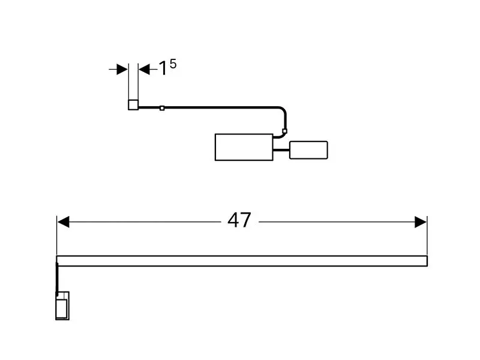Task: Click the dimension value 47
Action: click(x=239, y=221)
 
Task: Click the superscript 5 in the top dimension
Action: click(x=173, y=63)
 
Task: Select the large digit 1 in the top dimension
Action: click(x=162, y=69)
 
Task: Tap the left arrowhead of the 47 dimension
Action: click(x=63, y=223)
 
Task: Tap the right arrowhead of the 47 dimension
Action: click(x=421, y=223)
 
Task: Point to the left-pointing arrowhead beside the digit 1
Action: click(x=145, y=69)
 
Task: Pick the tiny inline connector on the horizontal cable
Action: click(x=162, y=108)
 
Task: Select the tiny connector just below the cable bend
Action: click(x=285, y=130)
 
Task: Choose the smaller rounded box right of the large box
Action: click(x=308, y=150)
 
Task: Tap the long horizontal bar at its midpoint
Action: click(x=242, y=261)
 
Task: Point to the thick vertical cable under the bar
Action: click(x=58, y=279)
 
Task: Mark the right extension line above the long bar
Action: click(x=427, y=237)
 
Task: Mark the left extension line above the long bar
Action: click(x=57, y=237)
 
